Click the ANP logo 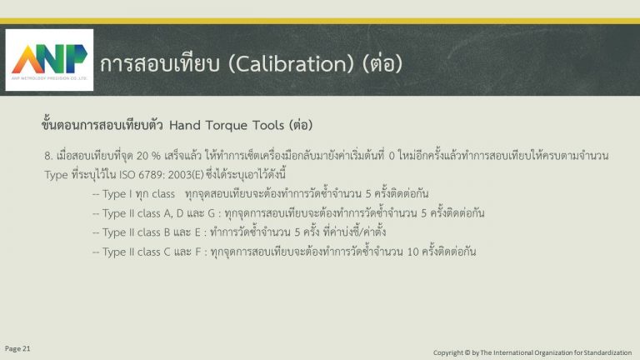(x=49, y=60)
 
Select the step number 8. (x=48, y=156)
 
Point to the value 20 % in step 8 (x=148, y=156)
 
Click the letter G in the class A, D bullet (x=211, y=213)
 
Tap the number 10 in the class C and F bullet (x=412, y=252)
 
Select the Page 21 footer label (x=17, y=348)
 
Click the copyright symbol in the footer (x=466, y=352)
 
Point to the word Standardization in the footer (x=607, y=352)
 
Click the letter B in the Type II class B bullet (x=167, y=232)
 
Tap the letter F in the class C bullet (x=198, y=252)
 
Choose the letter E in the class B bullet (x=197, y=232)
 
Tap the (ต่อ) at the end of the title (x=382, y=63)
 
